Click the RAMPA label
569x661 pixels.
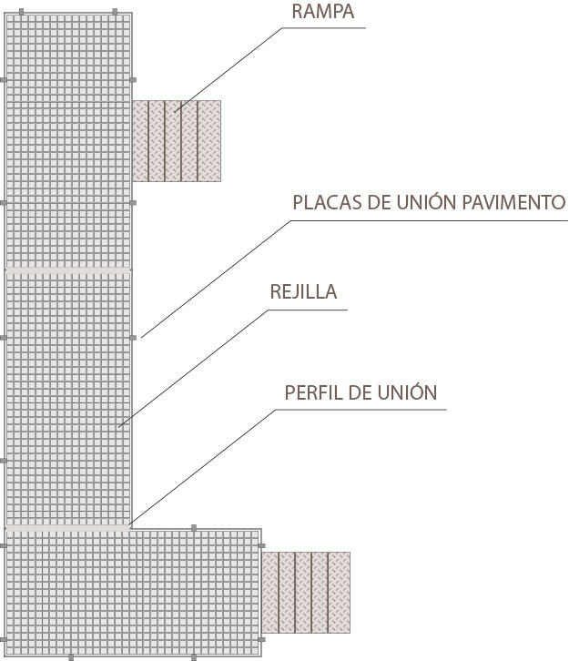(323, 12)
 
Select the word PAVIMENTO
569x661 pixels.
(513, 203)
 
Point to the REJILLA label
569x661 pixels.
(303, 291)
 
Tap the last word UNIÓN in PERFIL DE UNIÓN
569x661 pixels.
(407, 392)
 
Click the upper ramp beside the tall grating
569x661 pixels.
(177, 141)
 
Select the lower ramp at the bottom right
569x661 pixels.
(306, 593)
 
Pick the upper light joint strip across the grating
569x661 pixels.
(68, 270)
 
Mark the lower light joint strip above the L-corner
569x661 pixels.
(68, 528)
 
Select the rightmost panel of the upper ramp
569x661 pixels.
(209, 141)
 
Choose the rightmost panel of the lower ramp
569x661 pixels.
(339, 593)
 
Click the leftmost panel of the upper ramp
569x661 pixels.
(140, 141)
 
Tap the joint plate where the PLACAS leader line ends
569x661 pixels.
(133, 338)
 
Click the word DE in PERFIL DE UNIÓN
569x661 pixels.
(360, 393)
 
